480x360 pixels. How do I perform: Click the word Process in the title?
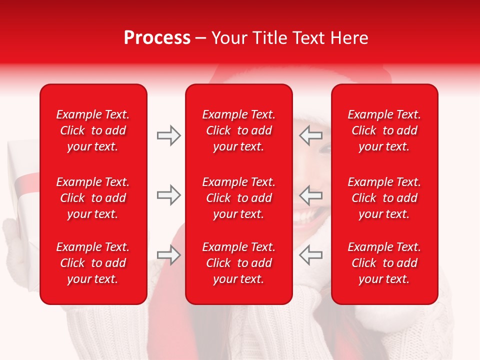tap(157, 38)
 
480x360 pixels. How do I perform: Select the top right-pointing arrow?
tap(168, 135)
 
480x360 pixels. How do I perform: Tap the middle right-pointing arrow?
tap(168, 195)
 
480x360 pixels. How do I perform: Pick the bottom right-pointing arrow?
tap(168, 255)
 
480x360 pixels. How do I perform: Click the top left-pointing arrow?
tap(310, 135)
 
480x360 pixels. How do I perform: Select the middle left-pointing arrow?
tap(310, 195)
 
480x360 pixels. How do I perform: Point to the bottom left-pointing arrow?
tap(310, 255)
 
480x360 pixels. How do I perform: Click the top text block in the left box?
tap(93, 130)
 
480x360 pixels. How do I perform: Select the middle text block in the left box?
tap(93, 198)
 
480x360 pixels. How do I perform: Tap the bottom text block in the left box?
tap(93, 263)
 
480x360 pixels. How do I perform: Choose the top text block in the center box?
tap(238, 130)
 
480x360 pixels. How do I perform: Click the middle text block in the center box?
tap(238, 198)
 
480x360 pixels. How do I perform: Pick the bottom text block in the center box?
tap(238, 263)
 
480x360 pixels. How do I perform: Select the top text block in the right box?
tap(384, 130)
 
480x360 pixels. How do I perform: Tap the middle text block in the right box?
tap(384, 198)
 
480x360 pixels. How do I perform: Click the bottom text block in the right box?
tap(384, 263)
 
